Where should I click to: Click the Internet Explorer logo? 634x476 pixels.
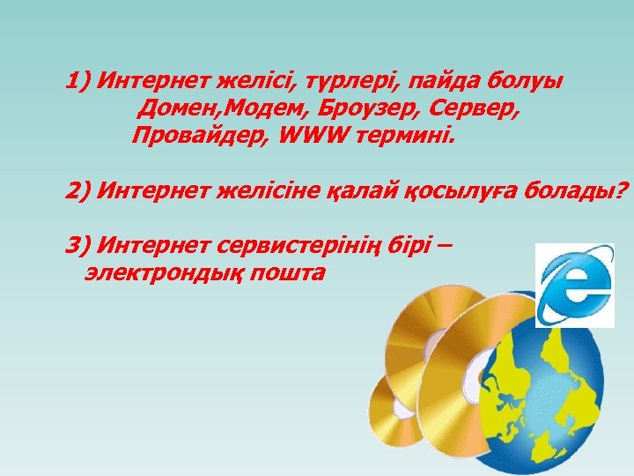(x=575, y=284)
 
